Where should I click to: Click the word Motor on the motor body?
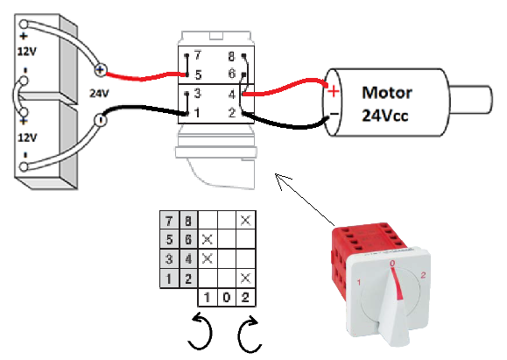[x=387, y=92]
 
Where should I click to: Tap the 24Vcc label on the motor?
[x=388, y=114]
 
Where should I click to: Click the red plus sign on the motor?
[x=333, y=90]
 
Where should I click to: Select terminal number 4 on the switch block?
[x=232, y=94]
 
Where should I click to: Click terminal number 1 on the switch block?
[x=200, y=112]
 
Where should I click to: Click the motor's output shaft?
[x=473, y=96]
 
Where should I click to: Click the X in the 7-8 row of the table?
[x=246, y=219]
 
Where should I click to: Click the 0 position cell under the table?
[x=227, y=298]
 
